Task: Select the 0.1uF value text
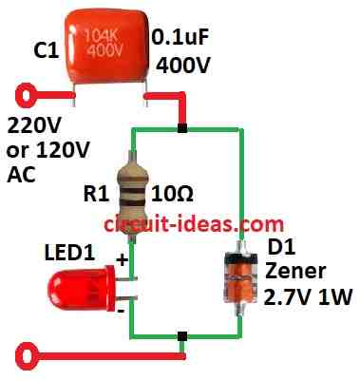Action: click(182, 39)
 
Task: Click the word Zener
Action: click(295, 274)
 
